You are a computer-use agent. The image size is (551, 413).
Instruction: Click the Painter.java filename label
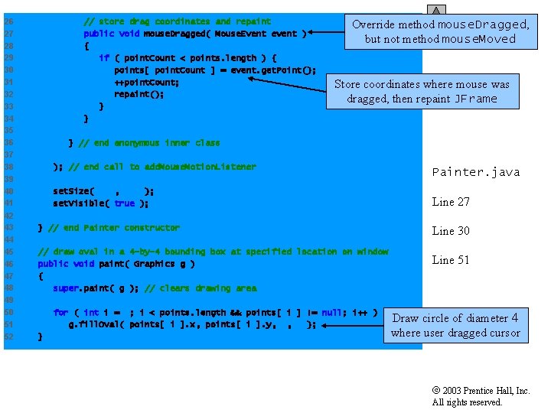click(475, 172)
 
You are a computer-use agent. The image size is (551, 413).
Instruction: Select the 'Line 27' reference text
click(451, 202)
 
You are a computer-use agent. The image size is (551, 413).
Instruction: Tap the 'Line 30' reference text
click(451, 231)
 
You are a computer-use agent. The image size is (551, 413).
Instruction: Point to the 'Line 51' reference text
click(451, 260)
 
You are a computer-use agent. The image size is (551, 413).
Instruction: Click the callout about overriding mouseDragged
click(440, 31)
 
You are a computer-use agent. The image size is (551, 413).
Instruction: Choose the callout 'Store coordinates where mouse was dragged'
click(422, 91)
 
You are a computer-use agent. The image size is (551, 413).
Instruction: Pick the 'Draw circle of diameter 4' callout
click(455, 325)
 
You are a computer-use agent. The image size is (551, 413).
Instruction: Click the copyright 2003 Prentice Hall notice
click(481, 396)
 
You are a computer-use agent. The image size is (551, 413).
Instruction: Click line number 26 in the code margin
click(8, 21)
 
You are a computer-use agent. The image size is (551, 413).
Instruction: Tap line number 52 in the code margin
click(8, 337)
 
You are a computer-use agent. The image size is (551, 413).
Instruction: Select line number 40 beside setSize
click(8, 191)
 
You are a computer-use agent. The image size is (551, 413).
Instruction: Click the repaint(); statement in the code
click(139, 94)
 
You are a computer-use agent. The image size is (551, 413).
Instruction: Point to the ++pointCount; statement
click(147, 82)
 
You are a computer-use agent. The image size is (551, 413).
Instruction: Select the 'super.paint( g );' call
click(96, 288)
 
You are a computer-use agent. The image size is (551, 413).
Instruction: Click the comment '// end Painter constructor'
click(114, 228)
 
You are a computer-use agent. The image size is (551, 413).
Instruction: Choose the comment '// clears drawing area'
click(201, 288)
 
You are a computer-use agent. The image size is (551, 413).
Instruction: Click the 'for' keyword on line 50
click(60, 312)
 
